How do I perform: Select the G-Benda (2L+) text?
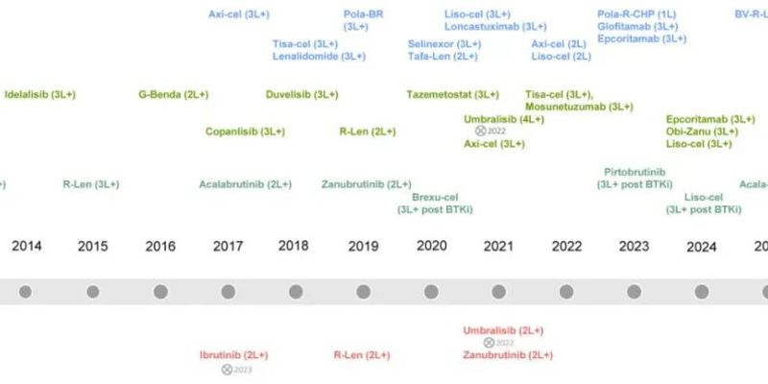tap(173, 95)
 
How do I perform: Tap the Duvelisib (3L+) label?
tap(301, 95)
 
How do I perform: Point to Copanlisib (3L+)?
tap(244, 132)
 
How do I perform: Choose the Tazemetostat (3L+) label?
tap(452, 95)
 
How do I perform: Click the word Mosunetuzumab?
tap(565, 107)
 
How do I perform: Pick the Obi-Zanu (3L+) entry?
tap(702, 132)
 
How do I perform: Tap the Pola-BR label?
tap(363, 14)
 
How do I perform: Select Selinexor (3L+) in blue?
tap(444, 44)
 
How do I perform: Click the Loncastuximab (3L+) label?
tap(495, 27)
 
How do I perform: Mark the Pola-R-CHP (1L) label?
tap(636, 14)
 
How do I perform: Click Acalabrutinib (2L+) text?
tap(245, 184)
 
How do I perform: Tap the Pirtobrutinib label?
tap(634, 172)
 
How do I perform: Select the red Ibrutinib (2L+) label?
tap(233, 355)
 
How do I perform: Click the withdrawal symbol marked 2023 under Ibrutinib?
tap(228, 369)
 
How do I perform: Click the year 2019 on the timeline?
tap(363, 247)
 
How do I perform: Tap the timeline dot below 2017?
tap(228, 292)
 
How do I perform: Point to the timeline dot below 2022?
tap(566, 292)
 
